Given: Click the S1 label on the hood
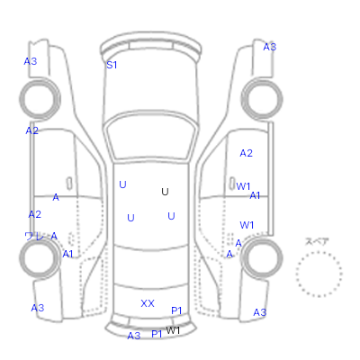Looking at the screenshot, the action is point(112,65).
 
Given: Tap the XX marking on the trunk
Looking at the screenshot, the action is point(148,303).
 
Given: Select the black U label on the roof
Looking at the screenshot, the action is point(165,192).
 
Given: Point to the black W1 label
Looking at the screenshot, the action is point(173,330).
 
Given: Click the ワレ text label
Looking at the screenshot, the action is point(34,237).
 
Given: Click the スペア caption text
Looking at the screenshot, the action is point(317,241).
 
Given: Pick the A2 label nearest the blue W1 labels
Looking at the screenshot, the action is point(246,153).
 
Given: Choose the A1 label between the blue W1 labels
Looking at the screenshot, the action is point(255,195).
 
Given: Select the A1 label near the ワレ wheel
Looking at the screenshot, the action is point(67,254).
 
